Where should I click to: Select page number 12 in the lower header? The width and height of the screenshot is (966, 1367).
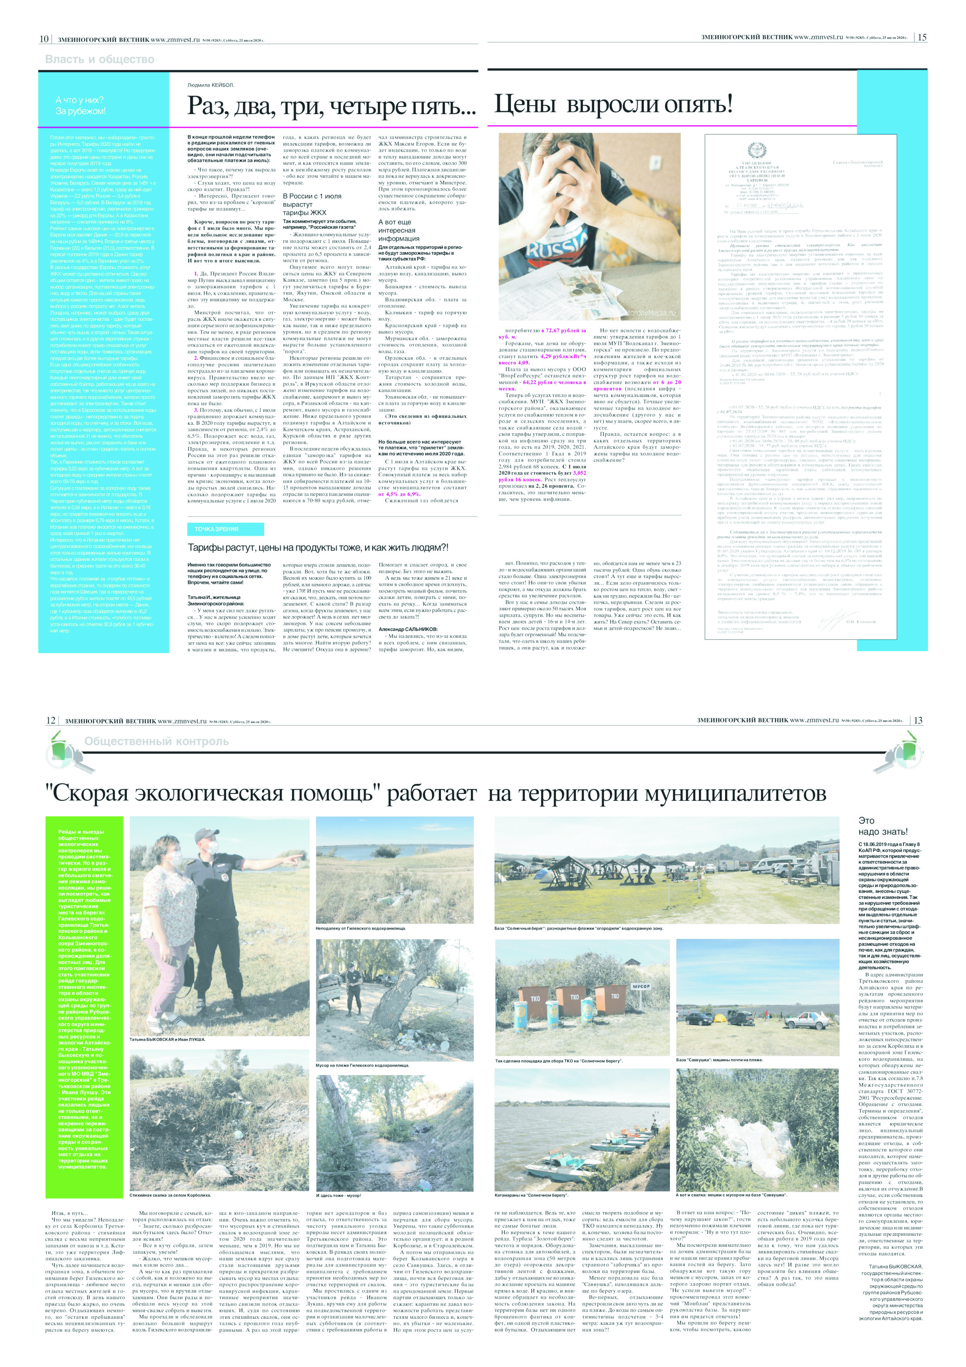(x=51, y=720)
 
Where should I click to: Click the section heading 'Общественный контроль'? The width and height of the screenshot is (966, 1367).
(x=156, y=741)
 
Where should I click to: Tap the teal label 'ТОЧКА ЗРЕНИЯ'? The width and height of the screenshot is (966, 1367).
(x=217, y=529)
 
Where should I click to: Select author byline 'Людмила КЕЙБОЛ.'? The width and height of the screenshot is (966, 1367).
(x=211, y=85)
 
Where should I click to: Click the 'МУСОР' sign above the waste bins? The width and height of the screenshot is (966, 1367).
(x=641, y=986)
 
